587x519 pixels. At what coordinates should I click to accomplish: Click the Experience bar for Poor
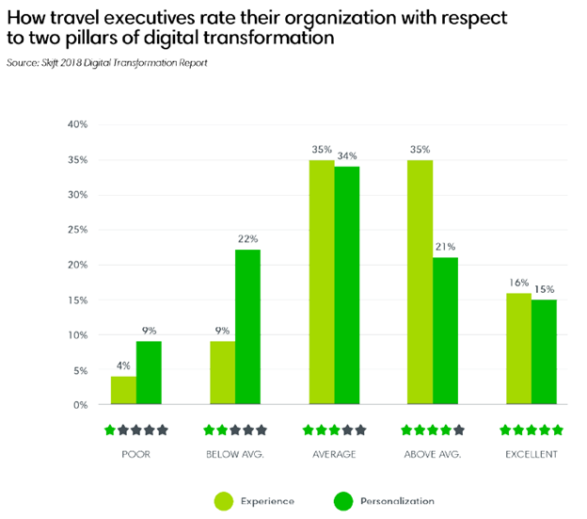coord(123,391)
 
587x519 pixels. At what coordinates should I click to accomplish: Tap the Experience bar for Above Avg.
coord(420,283)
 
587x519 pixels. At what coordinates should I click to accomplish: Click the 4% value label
coord(123,367)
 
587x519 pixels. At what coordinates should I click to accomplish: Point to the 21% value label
coord(445,248)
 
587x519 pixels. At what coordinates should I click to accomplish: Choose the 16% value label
coord(518,283)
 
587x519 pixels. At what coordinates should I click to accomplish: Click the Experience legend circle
coord(224,499)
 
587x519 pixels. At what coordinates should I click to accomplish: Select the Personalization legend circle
coord(342,499)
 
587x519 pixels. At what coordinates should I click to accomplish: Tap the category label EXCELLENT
coord(531,454)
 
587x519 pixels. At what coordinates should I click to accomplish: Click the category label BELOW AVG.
coord(234,454)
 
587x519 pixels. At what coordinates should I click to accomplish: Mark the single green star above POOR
coord(110,430)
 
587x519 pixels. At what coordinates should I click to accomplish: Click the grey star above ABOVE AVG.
coord(458,430)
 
